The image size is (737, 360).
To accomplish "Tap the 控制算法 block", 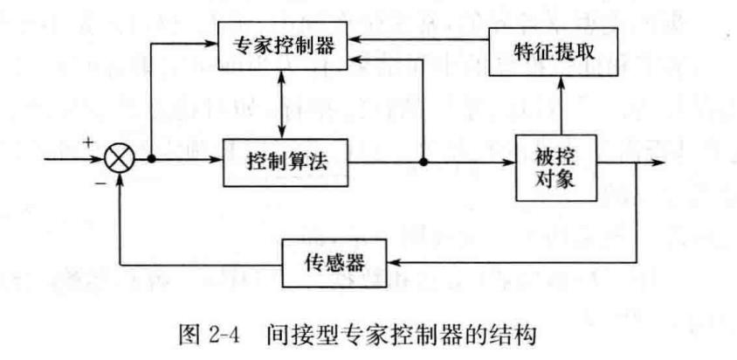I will (x=286, y=163).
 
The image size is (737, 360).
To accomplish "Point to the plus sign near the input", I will (x=87, y=142).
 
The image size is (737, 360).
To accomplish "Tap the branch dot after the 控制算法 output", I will (x=424, y=162).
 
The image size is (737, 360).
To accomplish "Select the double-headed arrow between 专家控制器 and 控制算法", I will (x=281, y=102).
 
